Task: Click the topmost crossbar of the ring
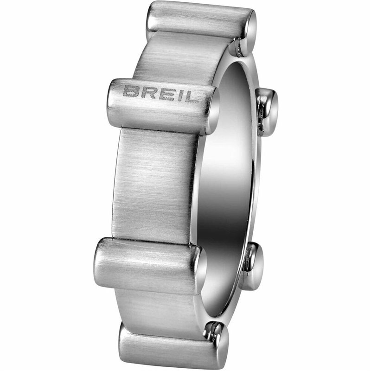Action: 199,21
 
